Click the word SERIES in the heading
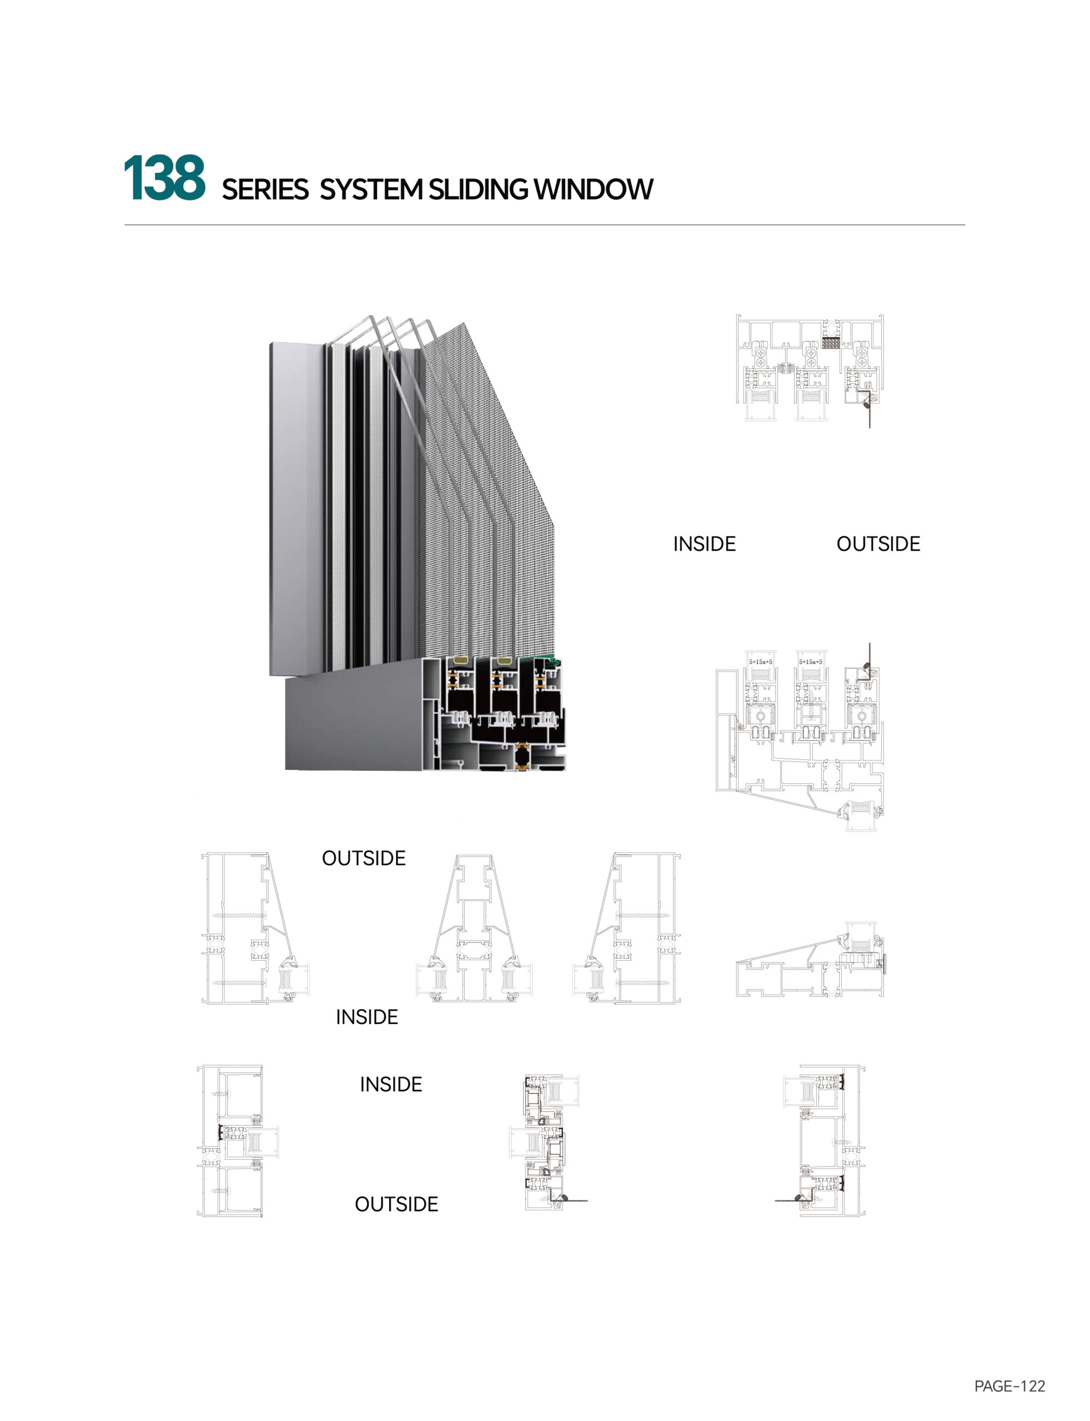pyautogui.click(x=265, y=190)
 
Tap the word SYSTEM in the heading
pyautogui.click(x=370, y=190)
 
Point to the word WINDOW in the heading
pyautogui.click(x=593, y=190)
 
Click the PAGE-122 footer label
pyautogui.click(x=1009, y=1386)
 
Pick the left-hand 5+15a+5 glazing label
pyautogui.click(x=760, y=662)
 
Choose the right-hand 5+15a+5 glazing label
pyautogui.click(x=810, y=662)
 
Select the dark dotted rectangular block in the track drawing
pyautogui.click(x=831, y=342)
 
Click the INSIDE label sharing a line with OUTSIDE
pyautogui.click(x=705, y=543)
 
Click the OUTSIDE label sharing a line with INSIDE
pyautogui.click(x=878, y=543)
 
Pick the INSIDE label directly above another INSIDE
pyautogui.click(x=366, y=1017)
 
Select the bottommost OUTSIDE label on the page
pyautogui.click(x=396, y=1205)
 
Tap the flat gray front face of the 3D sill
pyautogui.click(x=354, y=723)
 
